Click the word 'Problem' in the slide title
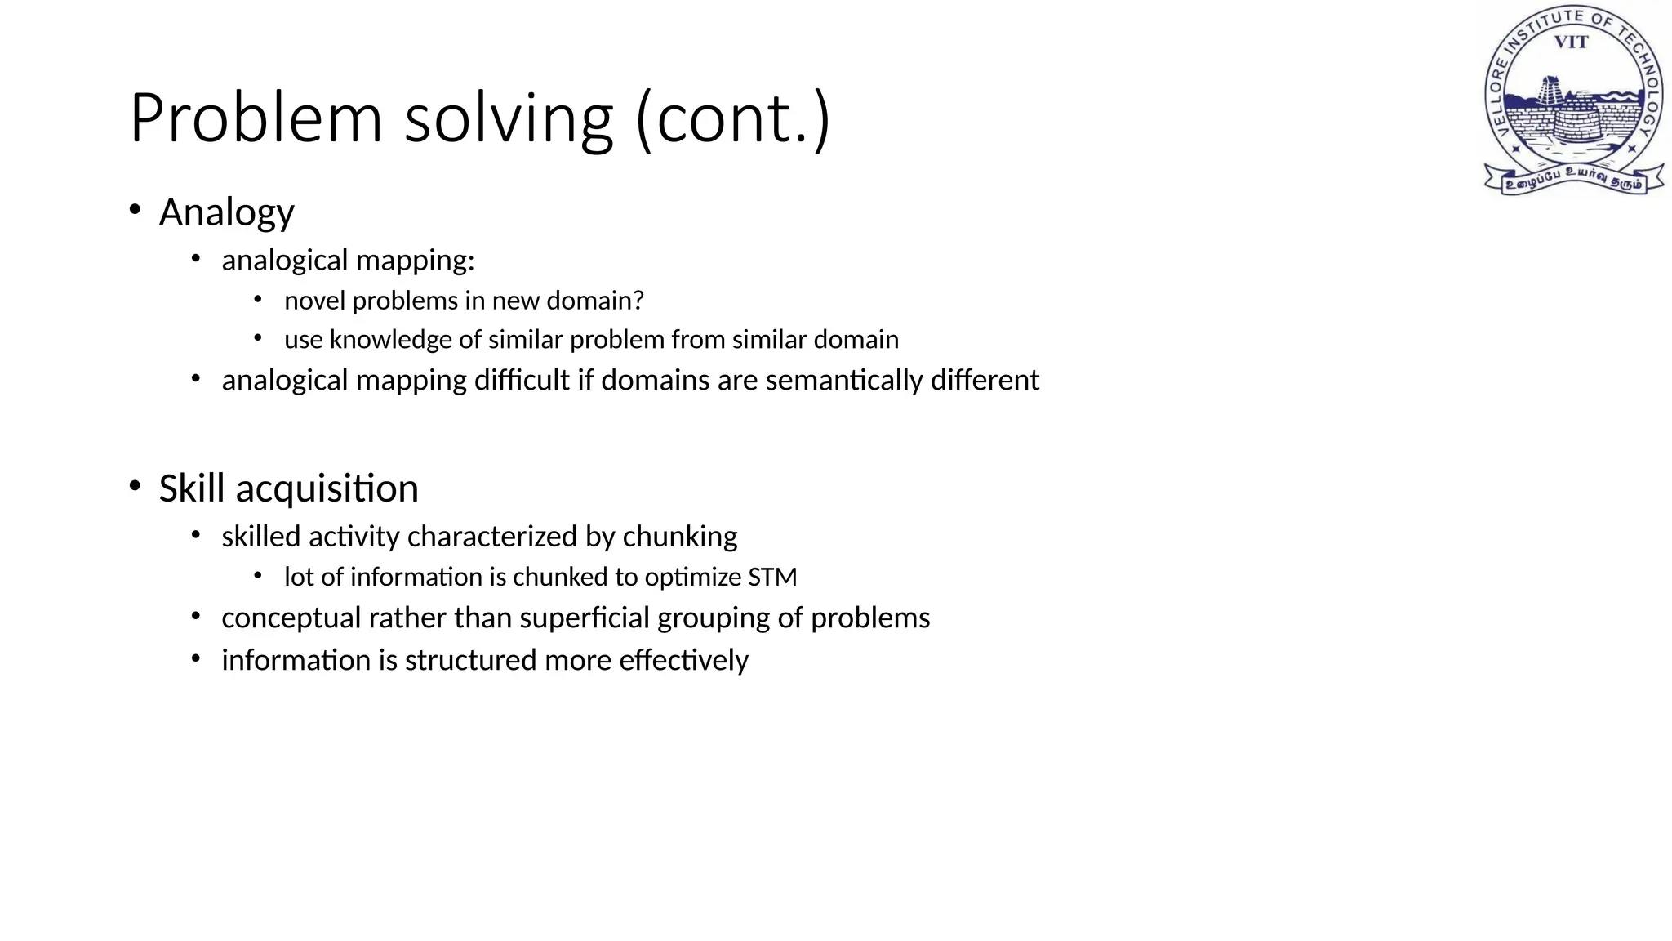tap(256, 119)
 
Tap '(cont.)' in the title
tap(732, 119)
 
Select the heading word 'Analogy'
tap(226, 213)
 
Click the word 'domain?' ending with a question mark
tap(595, 301)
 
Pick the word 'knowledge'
tap(390, 340)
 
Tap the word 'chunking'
tap(680, 537)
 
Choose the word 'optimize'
tap(692, 578)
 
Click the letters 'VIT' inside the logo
tap(1571, 42)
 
